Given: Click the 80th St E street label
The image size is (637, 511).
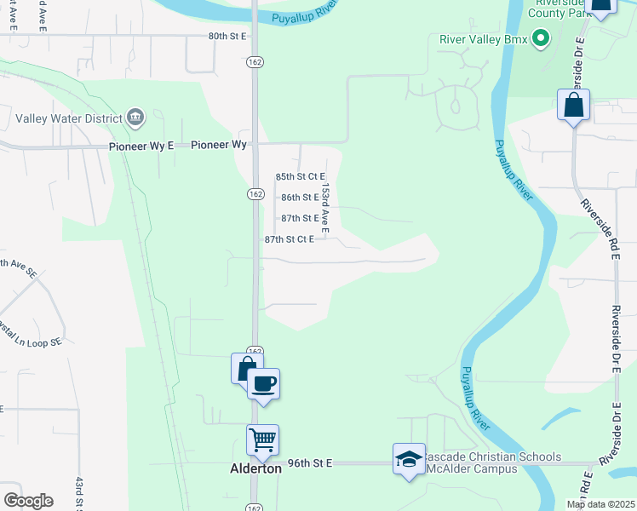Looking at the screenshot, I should pyautogui.click(x=227, y=36).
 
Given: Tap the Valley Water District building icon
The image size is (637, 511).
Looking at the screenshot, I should pyautogui.click(x=135, y=118).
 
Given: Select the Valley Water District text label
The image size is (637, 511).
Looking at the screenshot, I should pyautogui.click(x=71, y=118).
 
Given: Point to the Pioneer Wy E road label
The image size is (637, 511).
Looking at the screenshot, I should pyautogui.click(x=141, y=146).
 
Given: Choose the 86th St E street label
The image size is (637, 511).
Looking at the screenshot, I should pyautogui.click(x=300, y=198).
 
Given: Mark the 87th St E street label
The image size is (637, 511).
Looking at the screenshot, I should pyautogui.click(x=300, y=218).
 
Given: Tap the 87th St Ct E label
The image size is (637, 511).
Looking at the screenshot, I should pyautogui.click(x=290, y=239).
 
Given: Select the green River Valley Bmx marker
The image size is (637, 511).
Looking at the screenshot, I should pyautogui.click(x=540, y=38).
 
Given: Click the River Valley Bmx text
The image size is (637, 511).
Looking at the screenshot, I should pyautogui.click(x=482, y=39).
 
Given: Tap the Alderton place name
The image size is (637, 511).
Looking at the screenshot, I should pyautogui.click(x=255, y=468).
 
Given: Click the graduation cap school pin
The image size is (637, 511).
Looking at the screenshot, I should pyautogui.click(x=409, y=459).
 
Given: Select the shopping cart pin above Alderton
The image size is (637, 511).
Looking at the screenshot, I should pyautogui.click(x=263, y=440).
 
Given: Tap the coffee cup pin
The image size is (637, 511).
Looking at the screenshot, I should pyautogui.click(x=264, y=384).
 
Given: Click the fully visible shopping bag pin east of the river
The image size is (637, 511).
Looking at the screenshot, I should pyautogui.click(x=573, y=106).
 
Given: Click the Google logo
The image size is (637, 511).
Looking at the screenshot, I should pyautogui.click(x=28, y=500).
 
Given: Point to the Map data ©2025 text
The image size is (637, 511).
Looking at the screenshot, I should pyautogui.click(x=601, y=504).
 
